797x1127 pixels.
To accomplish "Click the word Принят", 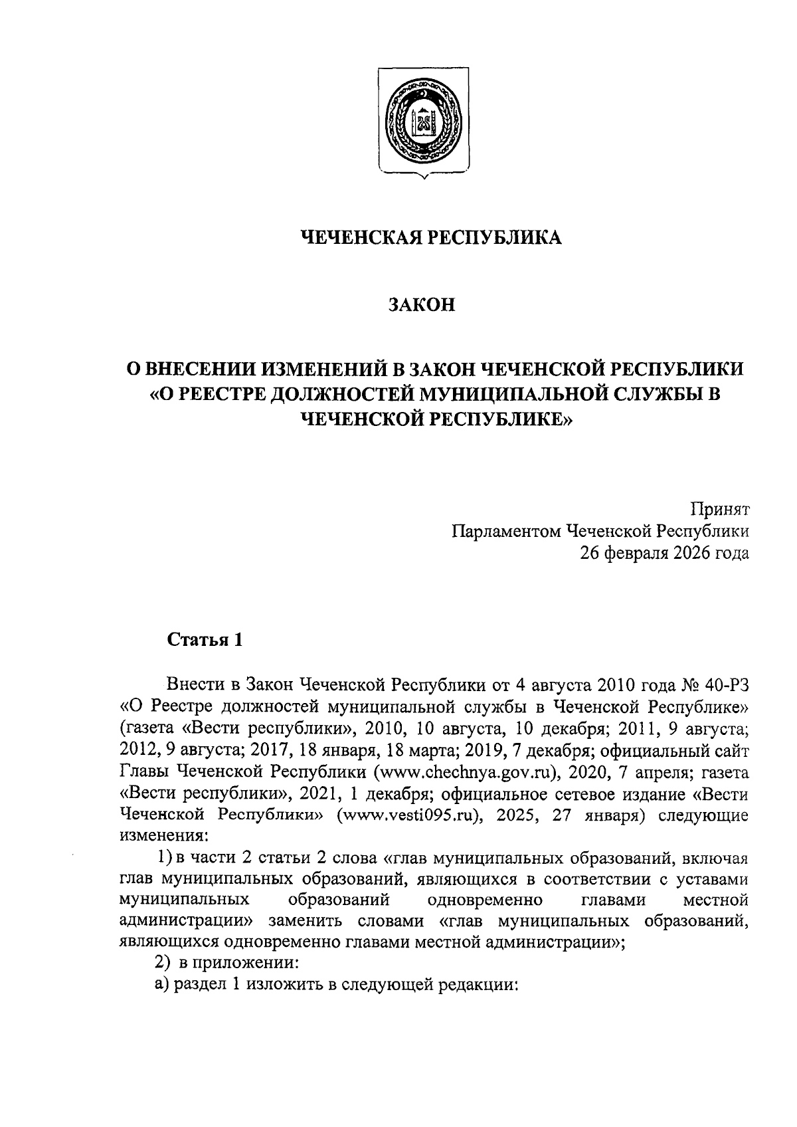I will [x=719, y=510].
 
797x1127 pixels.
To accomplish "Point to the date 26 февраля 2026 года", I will [x=665, y=553].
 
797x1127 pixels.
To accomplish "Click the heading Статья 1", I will [x=205, y=640].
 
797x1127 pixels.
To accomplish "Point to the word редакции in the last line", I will [x=479, y=983].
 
